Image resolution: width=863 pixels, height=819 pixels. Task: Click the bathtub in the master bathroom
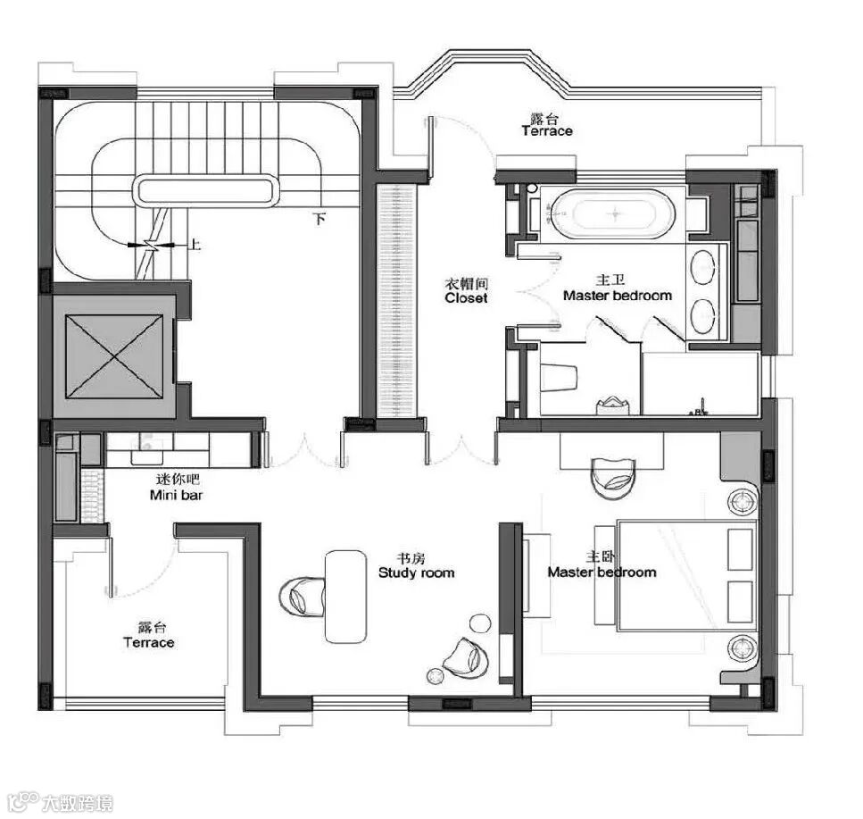(613, 213)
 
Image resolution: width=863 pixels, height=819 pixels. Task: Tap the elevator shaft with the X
(114, 355)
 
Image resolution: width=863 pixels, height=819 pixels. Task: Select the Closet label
(466, 298)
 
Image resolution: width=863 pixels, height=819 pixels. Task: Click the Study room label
(417, 572)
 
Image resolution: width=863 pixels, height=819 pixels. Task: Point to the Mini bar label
(176, 495)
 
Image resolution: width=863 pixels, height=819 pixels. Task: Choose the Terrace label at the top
(547, 131)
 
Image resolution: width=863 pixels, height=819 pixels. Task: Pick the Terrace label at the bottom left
(149, 643)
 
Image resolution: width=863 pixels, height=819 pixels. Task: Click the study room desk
(345, 597)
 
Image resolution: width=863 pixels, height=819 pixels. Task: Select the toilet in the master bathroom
(559, 378)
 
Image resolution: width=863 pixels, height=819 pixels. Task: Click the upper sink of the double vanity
(702, 267)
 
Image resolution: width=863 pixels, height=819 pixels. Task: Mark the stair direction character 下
(319, 219)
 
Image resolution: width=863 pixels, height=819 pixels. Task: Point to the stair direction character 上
(195, 244)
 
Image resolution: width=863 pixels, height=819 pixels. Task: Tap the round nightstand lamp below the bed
(742, 648)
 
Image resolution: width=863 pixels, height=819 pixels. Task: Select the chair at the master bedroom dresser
(613, 478)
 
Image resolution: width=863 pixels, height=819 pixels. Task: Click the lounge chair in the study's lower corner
(466, 656)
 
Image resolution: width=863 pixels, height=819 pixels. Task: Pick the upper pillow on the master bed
(740, 549)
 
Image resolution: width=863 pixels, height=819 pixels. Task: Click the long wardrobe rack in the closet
(397, 301)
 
